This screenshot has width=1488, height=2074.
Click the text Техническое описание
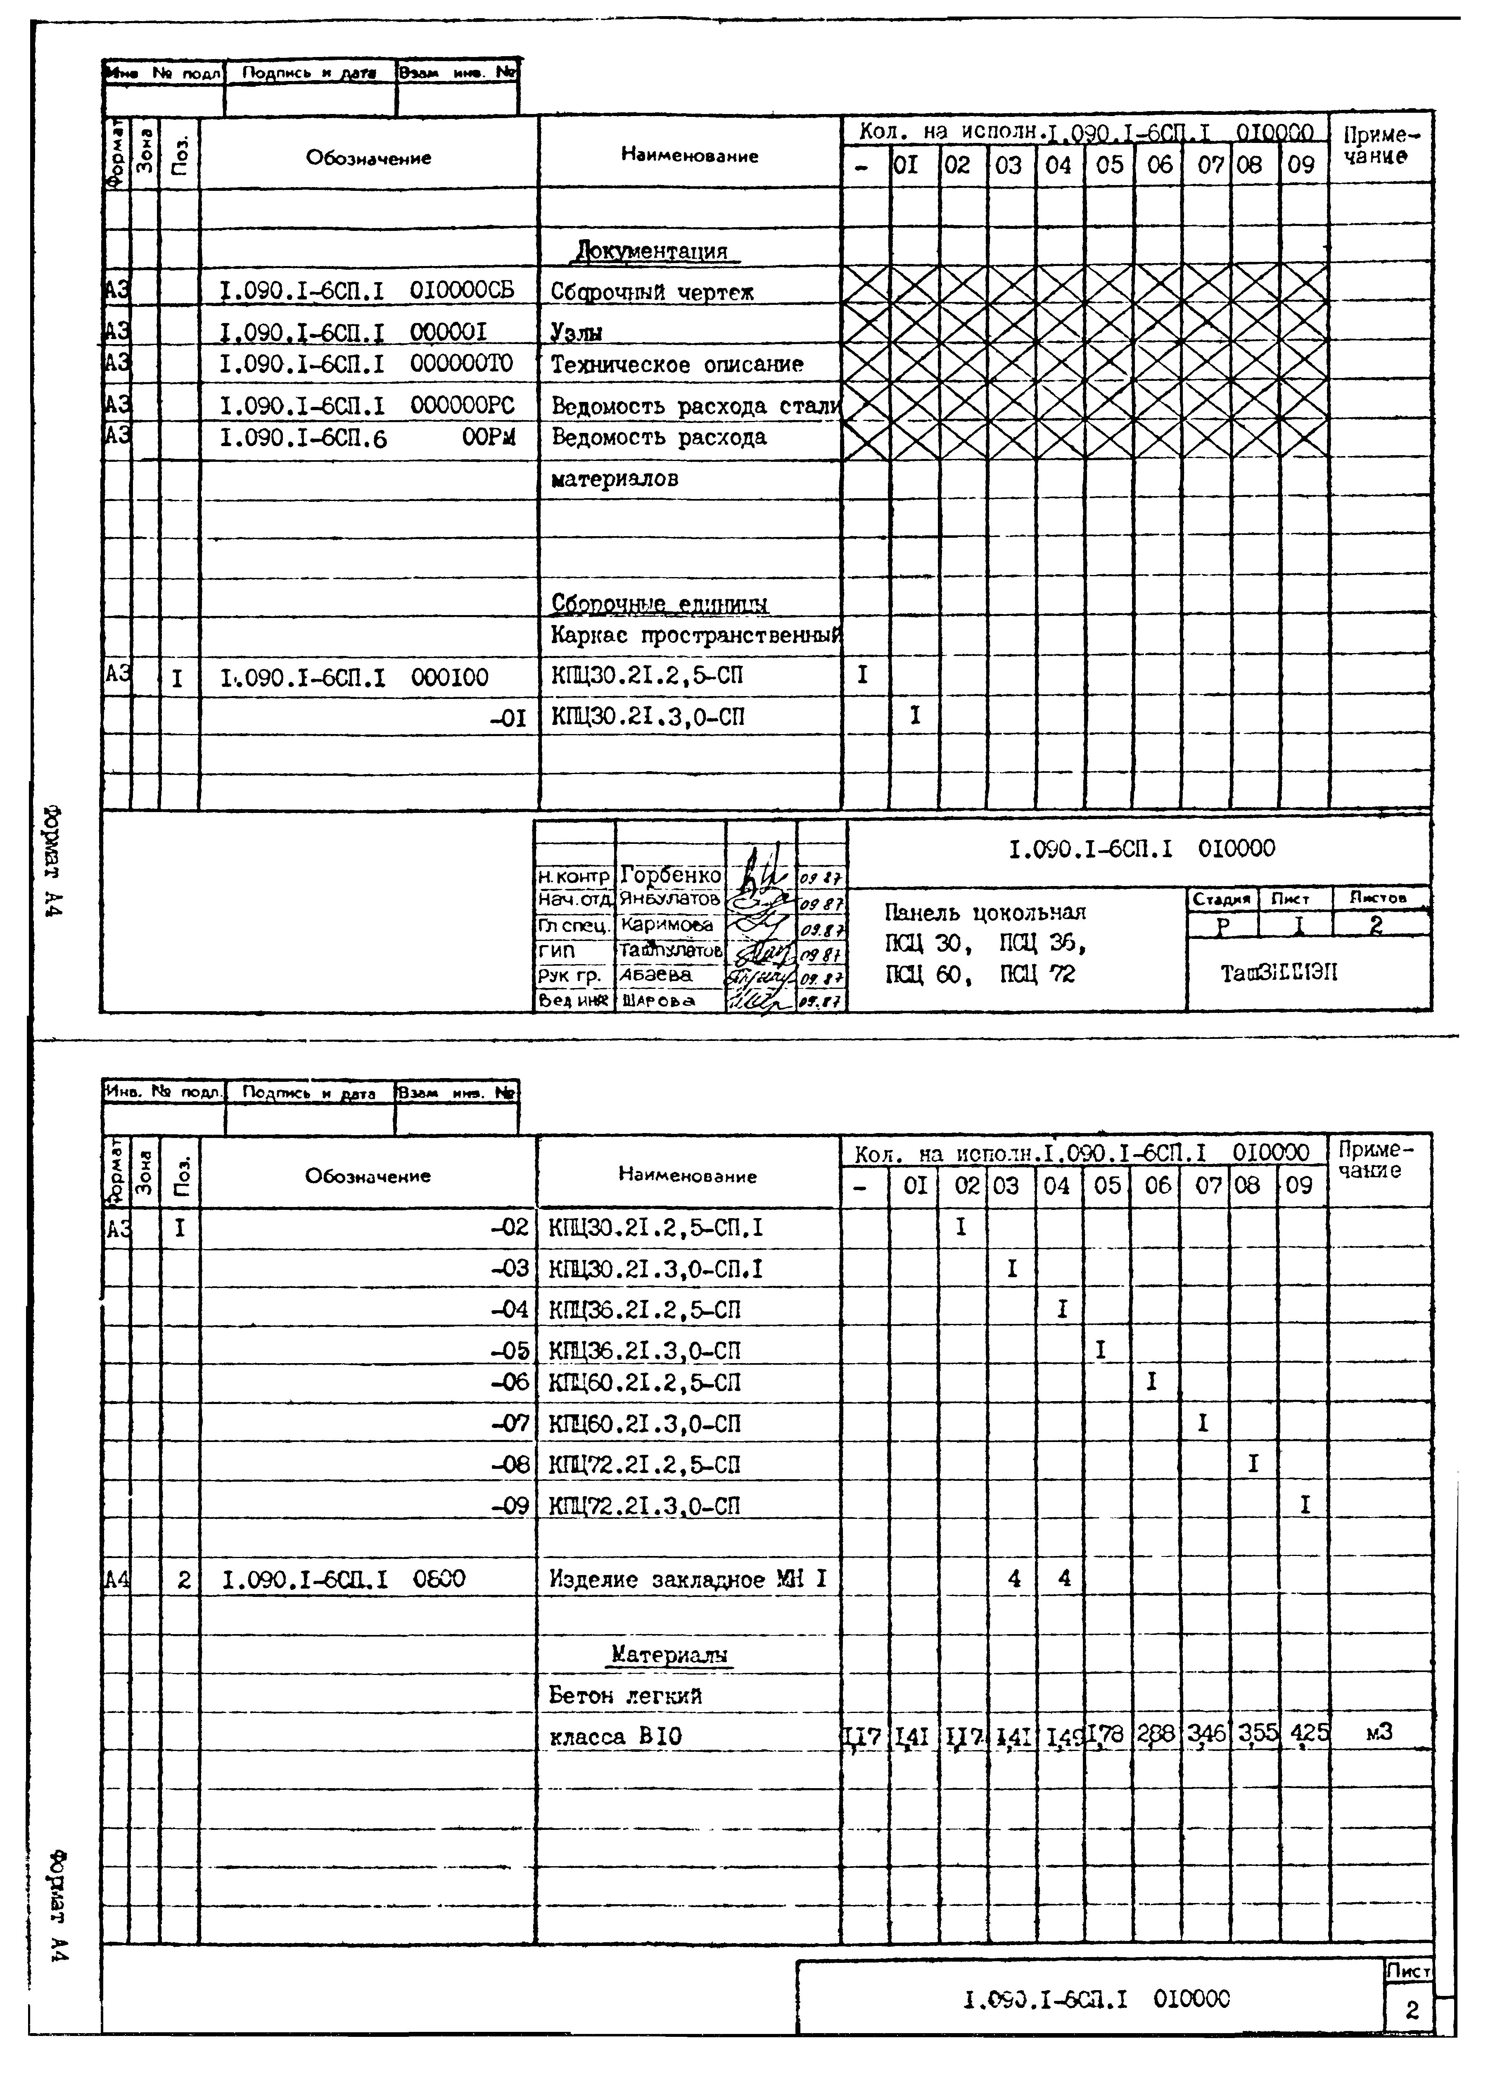point(677,365)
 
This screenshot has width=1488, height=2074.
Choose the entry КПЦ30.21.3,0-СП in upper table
point(648,717)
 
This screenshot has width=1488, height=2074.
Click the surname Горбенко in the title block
point(670,875)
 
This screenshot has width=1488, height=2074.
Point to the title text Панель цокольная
point(985,912)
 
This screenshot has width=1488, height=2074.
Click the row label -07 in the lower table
point(509,1423)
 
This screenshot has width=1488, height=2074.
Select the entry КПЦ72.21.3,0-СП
point(645,1505)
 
